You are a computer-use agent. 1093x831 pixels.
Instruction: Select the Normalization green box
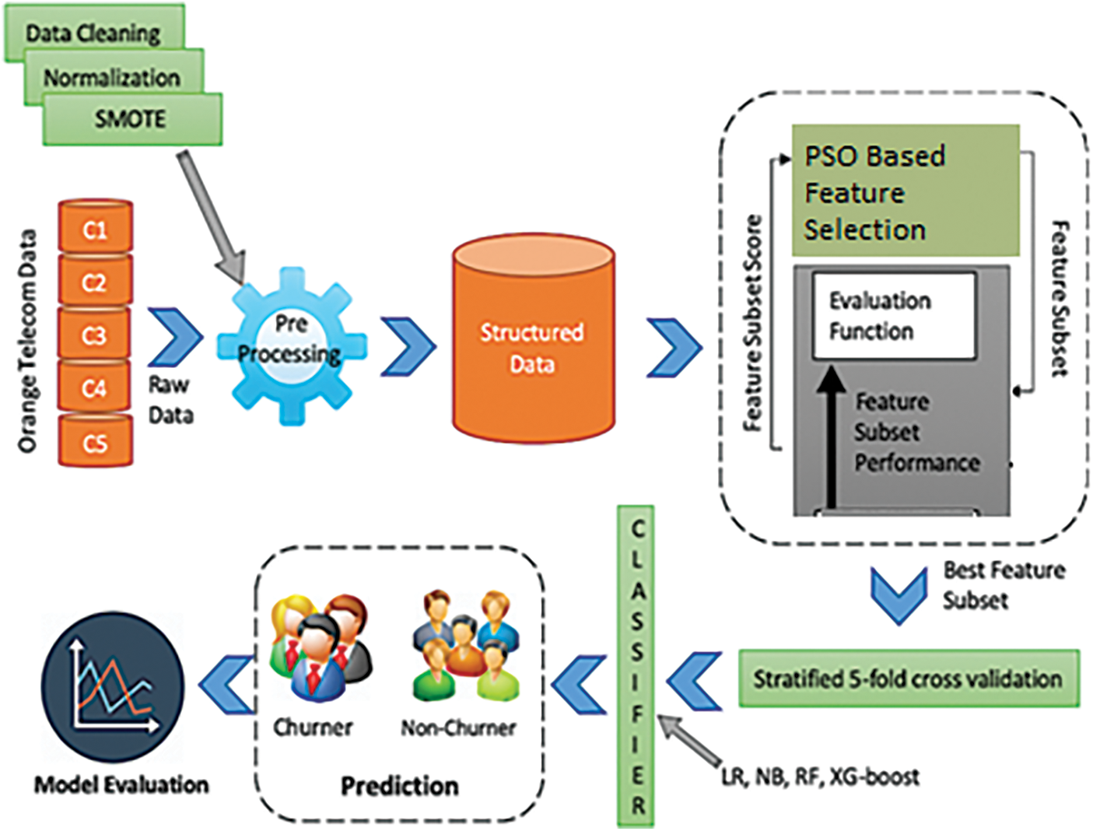click(113, 78)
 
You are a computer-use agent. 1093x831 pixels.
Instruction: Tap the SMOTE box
click(131, 119)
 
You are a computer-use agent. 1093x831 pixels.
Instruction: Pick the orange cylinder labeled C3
click(95, 335)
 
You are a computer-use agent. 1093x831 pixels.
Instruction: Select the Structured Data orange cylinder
click(533, 342)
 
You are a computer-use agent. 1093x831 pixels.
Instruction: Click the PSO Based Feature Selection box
click(905, 191)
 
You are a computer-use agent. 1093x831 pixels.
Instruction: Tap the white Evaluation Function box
click(893, 316)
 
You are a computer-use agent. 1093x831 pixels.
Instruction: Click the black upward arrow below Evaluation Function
click(832, 436)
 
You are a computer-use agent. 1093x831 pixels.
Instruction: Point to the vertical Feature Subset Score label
click(752, 323)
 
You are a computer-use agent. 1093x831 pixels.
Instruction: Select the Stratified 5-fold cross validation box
click(908, 678)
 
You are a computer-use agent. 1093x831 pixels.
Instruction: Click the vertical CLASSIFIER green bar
click(636, 666)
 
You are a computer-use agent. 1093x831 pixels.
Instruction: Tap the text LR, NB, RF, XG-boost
click(820, 777)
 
